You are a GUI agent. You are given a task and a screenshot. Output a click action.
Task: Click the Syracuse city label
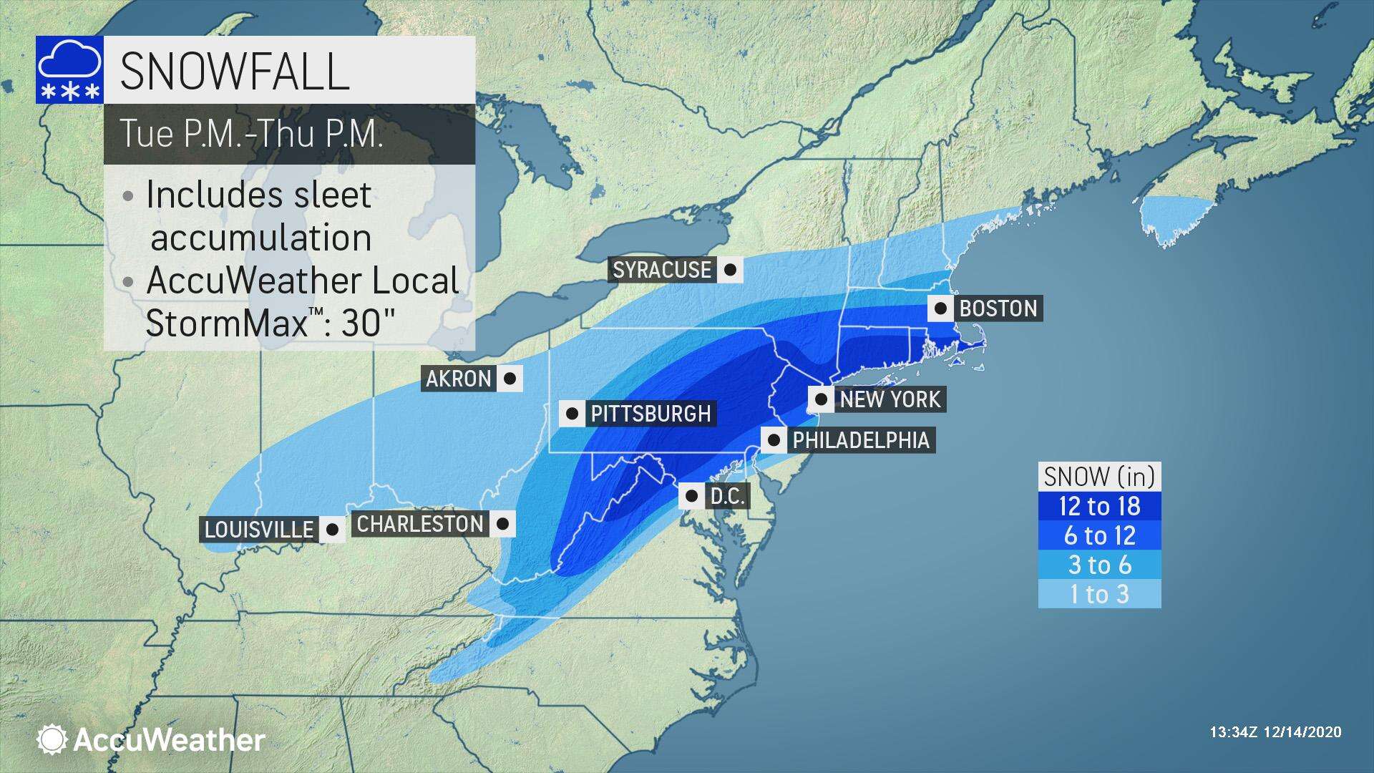(x=662, y=270)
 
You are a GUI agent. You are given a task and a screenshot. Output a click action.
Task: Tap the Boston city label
(x=998, y=308)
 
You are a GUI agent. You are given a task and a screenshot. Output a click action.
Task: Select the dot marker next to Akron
(x=510, y=379)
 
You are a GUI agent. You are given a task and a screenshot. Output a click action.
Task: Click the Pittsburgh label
(x=650, y=414)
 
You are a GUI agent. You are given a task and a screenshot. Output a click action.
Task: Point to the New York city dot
(x=822, y=399)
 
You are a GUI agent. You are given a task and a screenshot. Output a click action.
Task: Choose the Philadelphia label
(x=860, y=439)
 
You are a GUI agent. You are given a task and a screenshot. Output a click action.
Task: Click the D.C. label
(x=727, y=496)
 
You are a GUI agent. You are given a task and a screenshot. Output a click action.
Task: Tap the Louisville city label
(x=259, y=530)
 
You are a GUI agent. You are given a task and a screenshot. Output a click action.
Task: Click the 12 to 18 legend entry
(x=1099, y=506)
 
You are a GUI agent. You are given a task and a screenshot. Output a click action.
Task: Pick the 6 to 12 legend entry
(x=1099, y=535)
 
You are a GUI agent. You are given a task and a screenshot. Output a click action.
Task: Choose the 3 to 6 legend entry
(x=1099, y=565)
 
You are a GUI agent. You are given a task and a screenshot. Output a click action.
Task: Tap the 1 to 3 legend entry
(x=1099, y=594)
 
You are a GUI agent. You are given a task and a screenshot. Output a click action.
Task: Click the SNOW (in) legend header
(x=1099, y=477)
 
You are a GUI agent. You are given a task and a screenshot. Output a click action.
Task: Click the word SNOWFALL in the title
(x=234, y=71)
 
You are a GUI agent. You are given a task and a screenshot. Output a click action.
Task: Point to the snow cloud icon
(x=69, y=70)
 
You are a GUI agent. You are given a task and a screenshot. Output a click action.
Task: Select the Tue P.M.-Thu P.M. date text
(x=251, y=134)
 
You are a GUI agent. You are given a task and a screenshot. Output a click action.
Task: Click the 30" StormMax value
(x=368, y=324)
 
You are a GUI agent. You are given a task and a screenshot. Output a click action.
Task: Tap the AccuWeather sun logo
(x=52, y=739)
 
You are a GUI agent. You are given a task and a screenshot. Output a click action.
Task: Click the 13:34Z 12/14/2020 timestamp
(x=1275, y=732)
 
